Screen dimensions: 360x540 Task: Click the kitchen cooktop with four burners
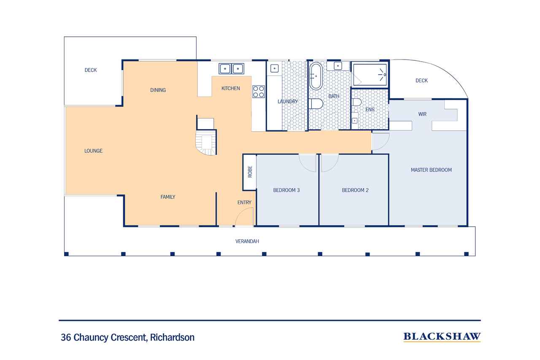tap(259, 92)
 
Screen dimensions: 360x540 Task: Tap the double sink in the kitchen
tap(231, 68)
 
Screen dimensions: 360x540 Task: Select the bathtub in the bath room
tap(316, 76)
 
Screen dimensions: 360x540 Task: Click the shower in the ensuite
tap(370, 75)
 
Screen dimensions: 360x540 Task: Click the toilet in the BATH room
tap(316, 103)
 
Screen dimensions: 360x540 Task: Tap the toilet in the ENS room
tap(356, 102)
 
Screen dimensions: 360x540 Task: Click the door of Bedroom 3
tap(308, 162)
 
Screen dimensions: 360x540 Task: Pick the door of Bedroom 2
tap(329, 162)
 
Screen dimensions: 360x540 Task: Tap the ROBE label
tap(250, 172)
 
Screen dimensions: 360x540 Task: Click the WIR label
tap(422, 114)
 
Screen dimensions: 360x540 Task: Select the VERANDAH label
tap(247, 241)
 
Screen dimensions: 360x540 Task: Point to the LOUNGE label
tap(93, 151)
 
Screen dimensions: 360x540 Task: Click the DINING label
tap(158, 90)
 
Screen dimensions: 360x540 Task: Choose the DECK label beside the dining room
tap(90, 70)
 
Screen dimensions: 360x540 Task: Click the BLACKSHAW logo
tap(442, 337)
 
